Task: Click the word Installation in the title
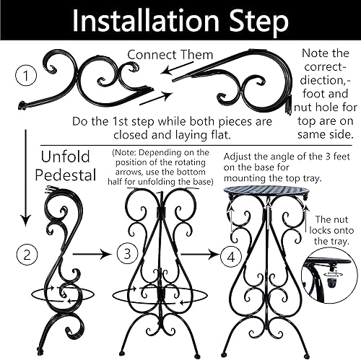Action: coord(142,22)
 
